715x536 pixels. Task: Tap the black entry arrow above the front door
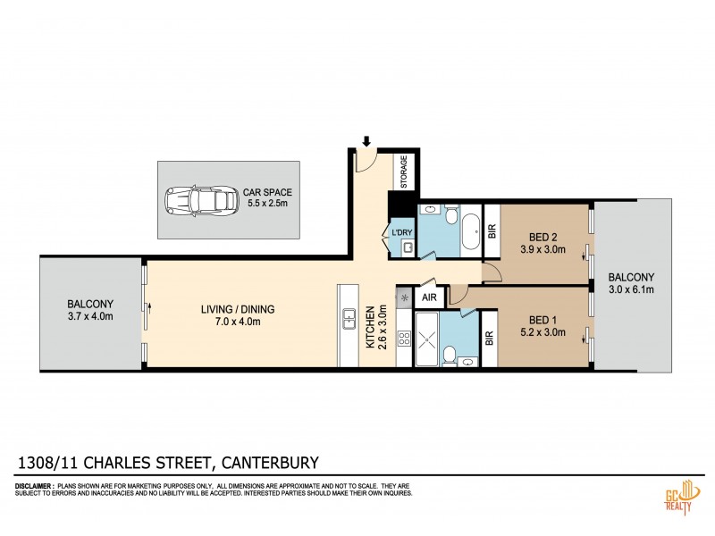tap(365, 140)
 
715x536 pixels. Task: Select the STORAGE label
tap(404, 172)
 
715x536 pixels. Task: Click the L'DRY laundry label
tap(401, 234)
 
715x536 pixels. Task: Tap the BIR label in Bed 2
tap(490, 230)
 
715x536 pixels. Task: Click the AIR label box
tap(429, 297)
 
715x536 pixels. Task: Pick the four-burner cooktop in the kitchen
tap(402, 339)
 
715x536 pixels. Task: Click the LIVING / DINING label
tap(237, 310)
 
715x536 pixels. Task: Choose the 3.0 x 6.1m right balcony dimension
tap(631, 289)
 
